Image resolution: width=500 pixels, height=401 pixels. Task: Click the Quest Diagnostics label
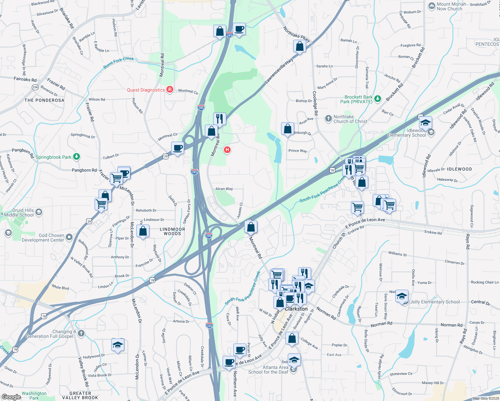(x=146, y=90)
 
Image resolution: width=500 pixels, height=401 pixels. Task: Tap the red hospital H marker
(x=227, y=149)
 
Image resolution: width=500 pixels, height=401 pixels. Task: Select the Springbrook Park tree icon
(x=77, y=156)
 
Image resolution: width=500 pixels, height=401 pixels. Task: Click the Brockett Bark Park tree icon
(x=378, y=99)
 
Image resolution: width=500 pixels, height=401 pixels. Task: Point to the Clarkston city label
(x=296, y=309)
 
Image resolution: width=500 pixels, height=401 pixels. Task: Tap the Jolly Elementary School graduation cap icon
(x=402, y=296)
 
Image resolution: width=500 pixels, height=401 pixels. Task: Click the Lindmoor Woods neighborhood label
(x=172, y=231)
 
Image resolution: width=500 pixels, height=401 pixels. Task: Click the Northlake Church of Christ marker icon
(x=328, y=118)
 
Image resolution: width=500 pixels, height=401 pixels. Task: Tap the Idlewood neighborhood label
(x=459, y=169)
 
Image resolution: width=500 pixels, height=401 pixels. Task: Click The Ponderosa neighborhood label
(x=44, y=100)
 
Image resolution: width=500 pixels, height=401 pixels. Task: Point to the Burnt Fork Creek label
(x=118, y=62)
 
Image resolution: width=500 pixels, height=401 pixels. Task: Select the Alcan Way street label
(x=224, y=189)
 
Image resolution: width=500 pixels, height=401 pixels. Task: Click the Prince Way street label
(x=297, y=151)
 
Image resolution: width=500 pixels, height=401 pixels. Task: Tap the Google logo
(x=11, y=397)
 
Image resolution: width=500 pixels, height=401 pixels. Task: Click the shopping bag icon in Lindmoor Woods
(x=143, y=231)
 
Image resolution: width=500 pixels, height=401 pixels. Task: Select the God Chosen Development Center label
(x=43, y=238)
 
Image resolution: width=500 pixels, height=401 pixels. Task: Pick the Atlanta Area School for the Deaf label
(x=268, y=370)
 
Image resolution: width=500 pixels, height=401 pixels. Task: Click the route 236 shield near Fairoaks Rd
(x=35, y=87)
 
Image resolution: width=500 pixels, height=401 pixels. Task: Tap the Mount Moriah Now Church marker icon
(x=431, y=6)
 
